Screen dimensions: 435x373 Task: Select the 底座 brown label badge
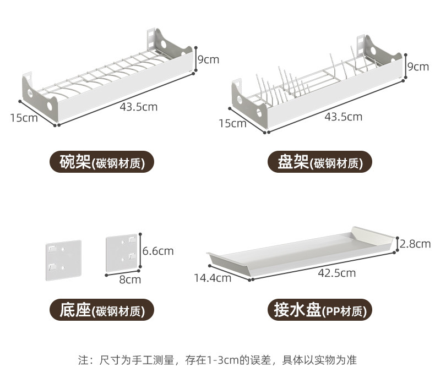coord(102,311)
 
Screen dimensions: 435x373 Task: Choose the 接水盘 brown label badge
coord(319,311)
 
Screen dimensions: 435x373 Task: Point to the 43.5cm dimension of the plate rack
coord(344,117)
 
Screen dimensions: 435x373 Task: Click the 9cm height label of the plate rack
coord(417,67)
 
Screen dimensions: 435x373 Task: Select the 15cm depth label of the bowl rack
coord(24,118)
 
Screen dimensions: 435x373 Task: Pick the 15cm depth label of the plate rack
coord(232,123)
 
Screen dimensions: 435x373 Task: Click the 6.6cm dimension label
coord(158,251)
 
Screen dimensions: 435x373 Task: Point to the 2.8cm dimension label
coord(415,243)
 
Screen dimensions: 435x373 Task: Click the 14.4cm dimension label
coord(212,278)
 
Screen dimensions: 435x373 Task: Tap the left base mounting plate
coord(62,258)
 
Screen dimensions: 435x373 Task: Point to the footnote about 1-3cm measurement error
coord(217,360)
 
